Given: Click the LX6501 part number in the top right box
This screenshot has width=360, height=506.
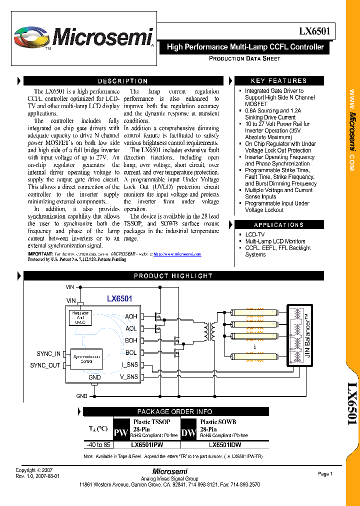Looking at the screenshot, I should pos(314,31).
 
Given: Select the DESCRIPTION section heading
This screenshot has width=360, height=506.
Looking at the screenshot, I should pos(122,81).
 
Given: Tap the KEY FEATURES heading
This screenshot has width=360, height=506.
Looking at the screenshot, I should pos(278,81).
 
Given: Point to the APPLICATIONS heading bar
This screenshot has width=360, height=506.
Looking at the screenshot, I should pos(278,225).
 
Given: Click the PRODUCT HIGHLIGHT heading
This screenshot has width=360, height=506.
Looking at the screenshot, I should pos(173,276).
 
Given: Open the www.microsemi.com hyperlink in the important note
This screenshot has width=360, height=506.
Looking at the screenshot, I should pos(177,254).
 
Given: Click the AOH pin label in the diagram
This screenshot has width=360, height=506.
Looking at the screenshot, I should pos(131,316).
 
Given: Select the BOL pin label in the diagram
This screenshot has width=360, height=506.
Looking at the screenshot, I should pos(131,353).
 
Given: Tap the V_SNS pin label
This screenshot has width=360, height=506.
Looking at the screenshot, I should pos(129,377).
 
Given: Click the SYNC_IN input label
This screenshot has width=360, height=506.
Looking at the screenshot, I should pos(48,354).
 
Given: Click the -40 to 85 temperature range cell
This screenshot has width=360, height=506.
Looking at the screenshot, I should pos(98,444).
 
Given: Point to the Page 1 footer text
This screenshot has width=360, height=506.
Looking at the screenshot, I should pos(325,474).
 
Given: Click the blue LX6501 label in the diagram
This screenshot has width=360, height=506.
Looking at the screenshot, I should pos(119,298).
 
